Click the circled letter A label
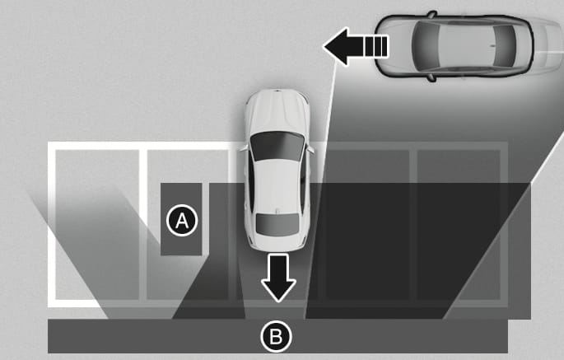[x=182, y=220]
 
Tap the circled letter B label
[x=277, y=336]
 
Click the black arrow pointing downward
[x=278, y=278]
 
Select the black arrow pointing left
[x=356, y=47]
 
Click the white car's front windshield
[x=277, y=146]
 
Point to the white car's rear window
[x=277, y=225]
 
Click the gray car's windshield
[x=426, y=45]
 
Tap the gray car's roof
[x=467, y=45]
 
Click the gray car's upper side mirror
[x=431, y=15]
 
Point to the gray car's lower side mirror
[x=431, y=77]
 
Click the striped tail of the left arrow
[x=376, y=46]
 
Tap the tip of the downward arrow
[x=278, y=302]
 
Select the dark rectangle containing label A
[x=181, y=219]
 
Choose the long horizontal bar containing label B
[x=277, y=336]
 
